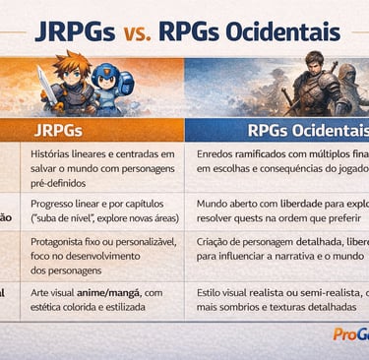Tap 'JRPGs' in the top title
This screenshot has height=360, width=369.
[x=77, y=34]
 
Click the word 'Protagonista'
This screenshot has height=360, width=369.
[x=61, y=241]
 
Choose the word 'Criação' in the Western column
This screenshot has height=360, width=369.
[x=215, y=241]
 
